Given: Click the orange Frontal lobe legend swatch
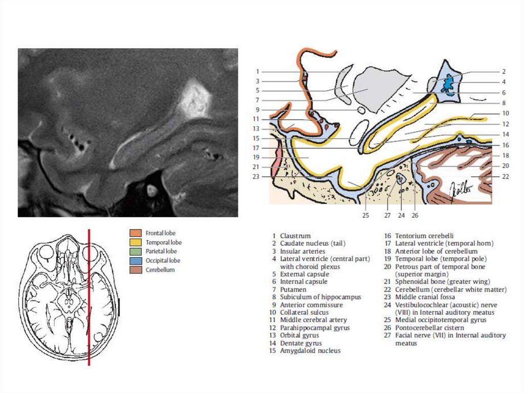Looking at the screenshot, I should click(x=136, y=233).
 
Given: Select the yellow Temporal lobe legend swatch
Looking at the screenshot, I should click(x=136, y=242).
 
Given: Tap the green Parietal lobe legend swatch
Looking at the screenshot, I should click(x=136, y=251).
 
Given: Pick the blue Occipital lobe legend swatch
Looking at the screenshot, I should click(x=136, y=260).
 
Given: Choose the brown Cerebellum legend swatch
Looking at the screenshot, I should click(x=136, y=270).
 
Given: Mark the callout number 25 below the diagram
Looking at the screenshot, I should click(x=365, y=216).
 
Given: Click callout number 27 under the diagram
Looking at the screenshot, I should click(x=387, y=216).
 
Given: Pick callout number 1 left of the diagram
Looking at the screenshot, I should click(x=258, y=72).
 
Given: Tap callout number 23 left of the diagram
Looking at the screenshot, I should click(x=256, y=177).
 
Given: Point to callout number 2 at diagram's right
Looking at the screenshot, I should click(x=504, y=72).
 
